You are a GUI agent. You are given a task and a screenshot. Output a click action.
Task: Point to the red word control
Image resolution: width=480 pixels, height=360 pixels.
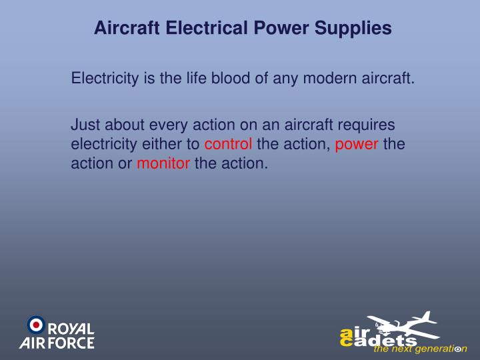[228, 144]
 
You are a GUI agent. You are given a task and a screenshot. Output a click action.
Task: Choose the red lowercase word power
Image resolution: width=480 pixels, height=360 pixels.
[357, 144]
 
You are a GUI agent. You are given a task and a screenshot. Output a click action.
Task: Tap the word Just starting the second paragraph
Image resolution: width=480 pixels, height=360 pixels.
[85, 125]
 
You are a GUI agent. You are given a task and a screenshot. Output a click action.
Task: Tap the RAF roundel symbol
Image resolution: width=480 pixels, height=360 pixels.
[35, 325]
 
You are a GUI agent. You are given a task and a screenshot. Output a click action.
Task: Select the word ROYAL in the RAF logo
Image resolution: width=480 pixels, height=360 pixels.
[71, 329]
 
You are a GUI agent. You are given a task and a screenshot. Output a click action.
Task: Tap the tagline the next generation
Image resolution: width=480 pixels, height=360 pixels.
[420, 349]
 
